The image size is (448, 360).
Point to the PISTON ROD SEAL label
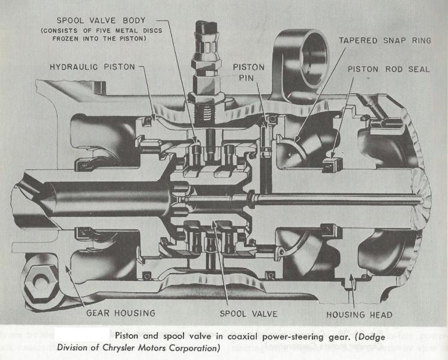(x=389, y=68)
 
